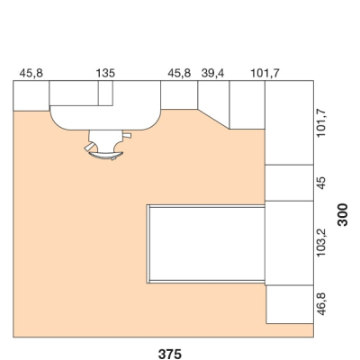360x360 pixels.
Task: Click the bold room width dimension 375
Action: coord(170,354)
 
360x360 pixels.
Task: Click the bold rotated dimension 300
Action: coord(343,214)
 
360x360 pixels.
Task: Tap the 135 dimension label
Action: coord(105,73)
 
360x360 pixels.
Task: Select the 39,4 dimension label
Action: coord(212,73)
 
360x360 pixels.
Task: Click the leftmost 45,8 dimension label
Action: coord(31,73)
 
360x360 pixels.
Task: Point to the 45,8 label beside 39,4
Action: coord(179,73)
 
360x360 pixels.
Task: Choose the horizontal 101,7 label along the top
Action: coord(265,73)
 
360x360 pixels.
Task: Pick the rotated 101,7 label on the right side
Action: coord(321,123)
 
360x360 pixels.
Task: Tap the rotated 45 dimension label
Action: coord(321,183)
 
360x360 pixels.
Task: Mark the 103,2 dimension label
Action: coord(321,242)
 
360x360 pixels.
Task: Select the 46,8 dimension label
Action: coord(321,304)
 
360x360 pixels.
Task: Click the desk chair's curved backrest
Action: coord(105,156)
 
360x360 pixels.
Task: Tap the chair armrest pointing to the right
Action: coord(127,136)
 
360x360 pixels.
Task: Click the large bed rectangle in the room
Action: coord(207,244)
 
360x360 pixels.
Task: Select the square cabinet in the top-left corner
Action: coord(31,95)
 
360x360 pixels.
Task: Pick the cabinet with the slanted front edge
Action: coord(213,101)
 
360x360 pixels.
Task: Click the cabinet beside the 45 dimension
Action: coord(289,183)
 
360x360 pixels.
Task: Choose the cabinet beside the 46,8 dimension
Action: coord(290,304)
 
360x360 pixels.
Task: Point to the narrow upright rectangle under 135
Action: coord(105,93)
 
